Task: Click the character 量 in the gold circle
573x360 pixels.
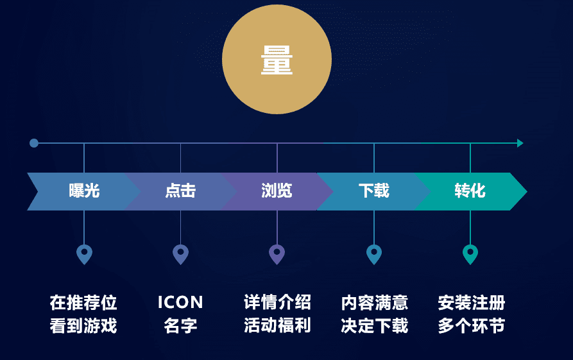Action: (277, 60)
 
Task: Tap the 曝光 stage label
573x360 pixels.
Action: (84, 191)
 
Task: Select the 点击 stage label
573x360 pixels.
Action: (180, 191)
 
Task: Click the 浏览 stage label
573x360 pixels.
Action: (277, 191)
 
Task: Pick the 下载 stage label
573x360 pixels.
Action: (373, 191)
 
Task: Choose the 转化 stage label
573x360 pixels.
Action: (470, 191)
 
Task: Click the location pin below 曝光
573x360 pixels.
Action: (84, 253)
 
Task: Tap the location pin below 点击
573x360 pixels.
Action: (180, 253)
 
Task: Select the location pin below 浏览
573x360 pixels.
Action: (277, 253)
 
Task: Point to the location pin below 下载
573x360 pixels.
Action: (374, 253)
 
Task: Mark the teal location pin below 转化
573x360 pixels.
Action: (470, 253)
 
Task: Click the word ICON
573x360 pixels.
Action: (180, 302)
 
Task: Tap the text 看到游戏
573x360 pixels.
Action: (83, 325)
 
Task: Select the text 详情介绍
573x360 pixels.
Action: (277, 302)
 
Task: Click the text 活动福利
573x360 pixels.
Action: (277, 325)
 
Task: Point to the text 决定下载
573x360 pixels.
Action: (374, 325)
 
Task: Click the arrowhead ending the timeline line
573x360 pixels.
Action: (520, 143)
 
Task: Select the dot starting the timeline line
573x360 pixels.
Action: (34, 143)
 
